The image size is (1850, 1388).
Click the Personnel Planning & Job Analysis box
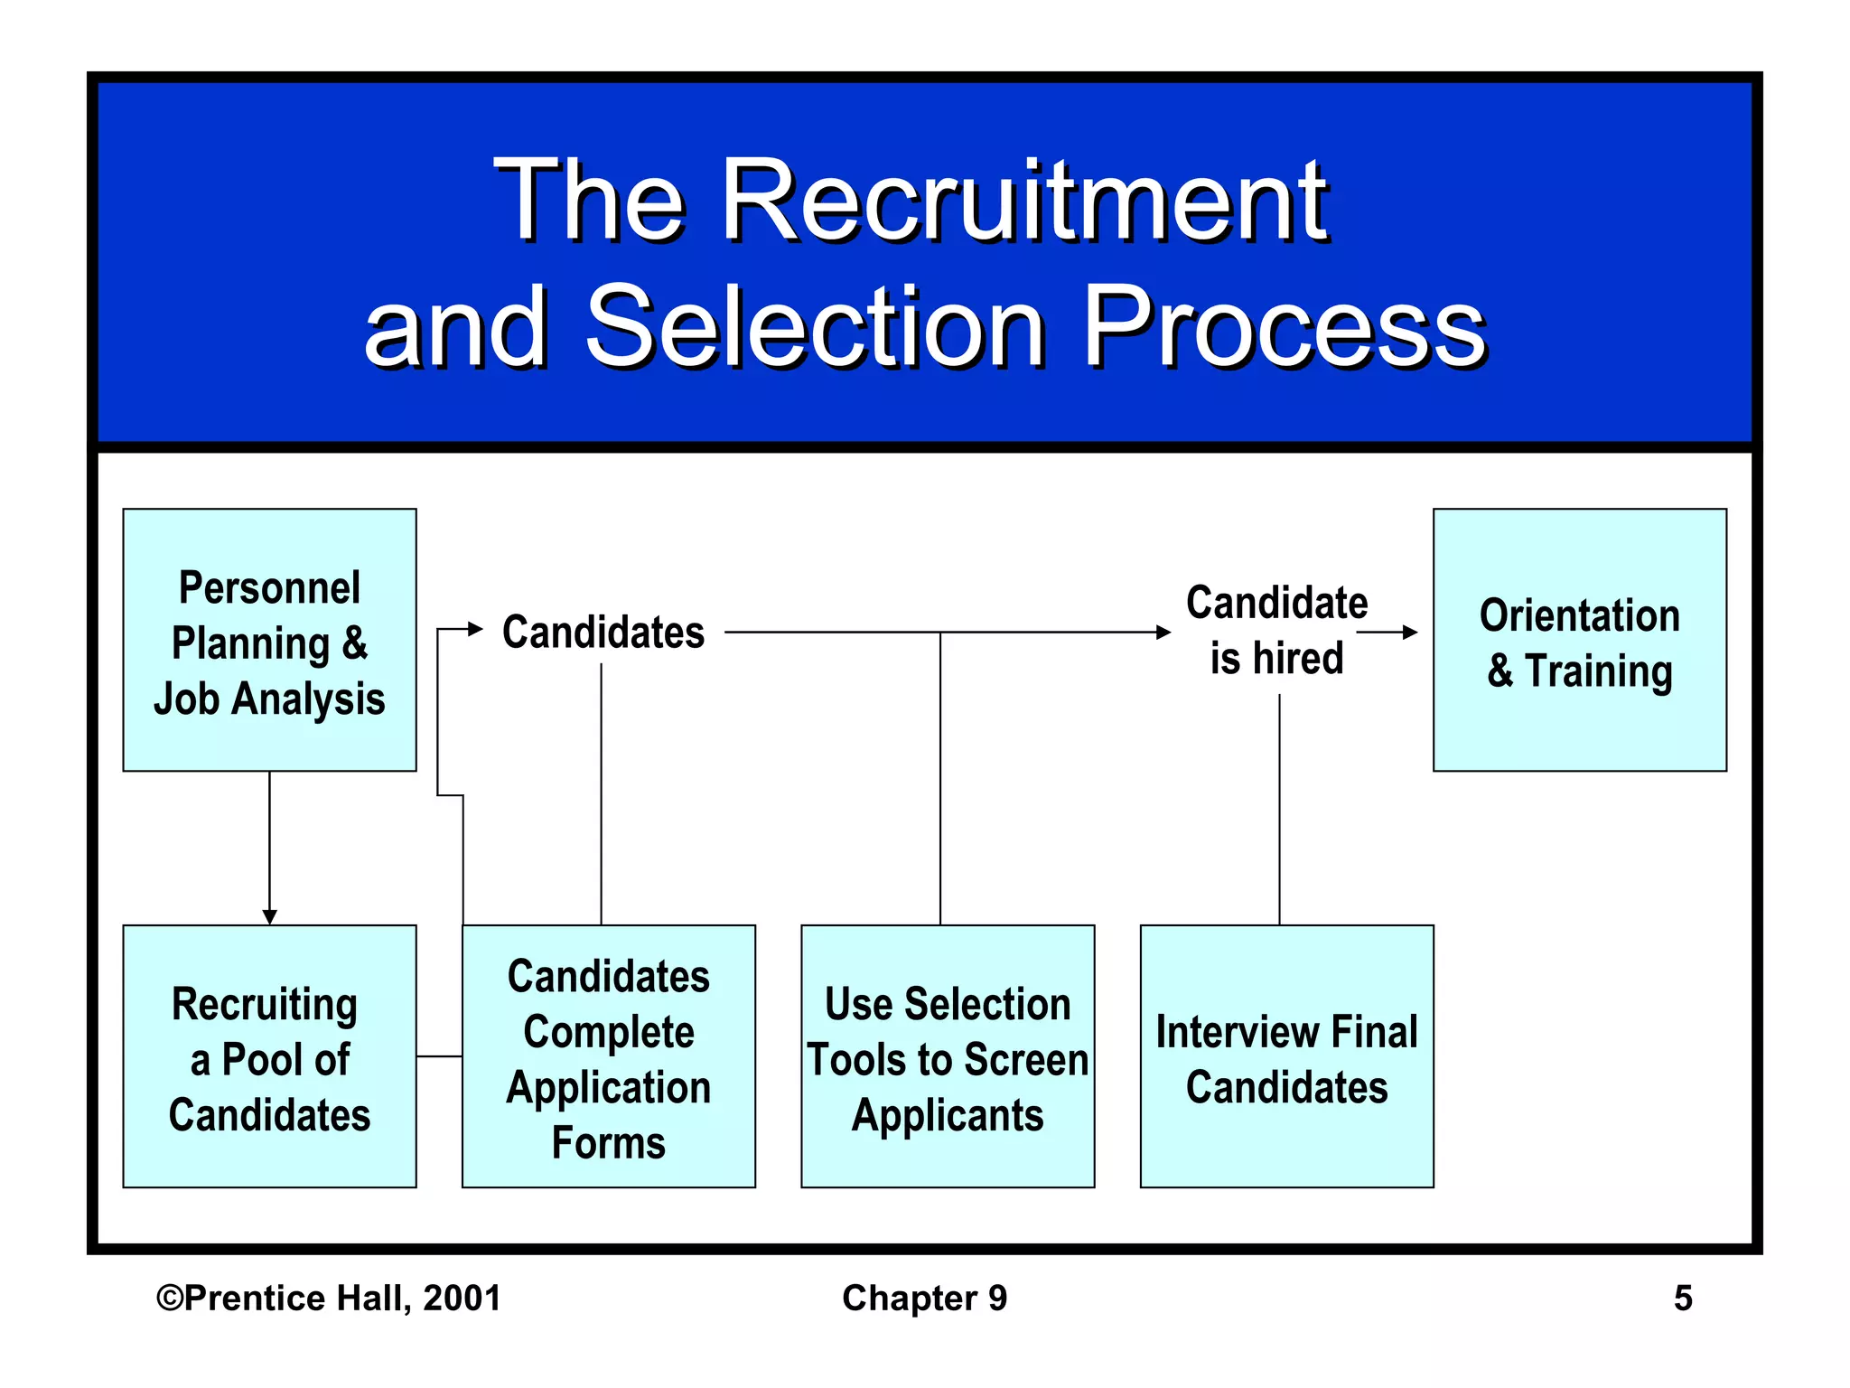[x=269, y=640]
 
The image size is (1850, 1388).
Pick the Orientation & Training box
[x=1579, y=640]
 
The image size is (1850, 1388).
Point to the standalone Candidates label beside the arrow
[x=603, y=632]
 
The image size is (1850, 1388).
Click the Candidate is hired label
[x=1276, y=630]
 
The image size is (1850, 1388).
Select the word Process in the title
[x=1283, y=326]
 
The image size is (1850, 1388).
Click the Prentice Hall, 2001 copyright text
[x=329, y=1298]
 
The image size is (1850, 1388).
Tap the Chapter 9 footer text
[x=924, y=1298]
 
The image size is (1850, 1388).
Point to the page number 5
[x=1682, y=1298]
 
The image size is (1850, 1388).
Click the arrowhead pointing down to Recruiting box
[x=269, y=916]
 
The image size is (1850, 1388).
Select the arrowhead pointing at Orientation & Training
[x=1409, y=632]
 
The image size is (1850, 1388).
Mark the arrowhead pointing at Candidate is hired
[x=1163, y=632]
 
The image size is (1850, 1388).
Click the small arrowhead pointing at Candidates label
[x=475, y=629]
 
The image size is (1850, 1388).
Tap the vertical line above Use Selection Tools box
[x=940, y=777]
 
